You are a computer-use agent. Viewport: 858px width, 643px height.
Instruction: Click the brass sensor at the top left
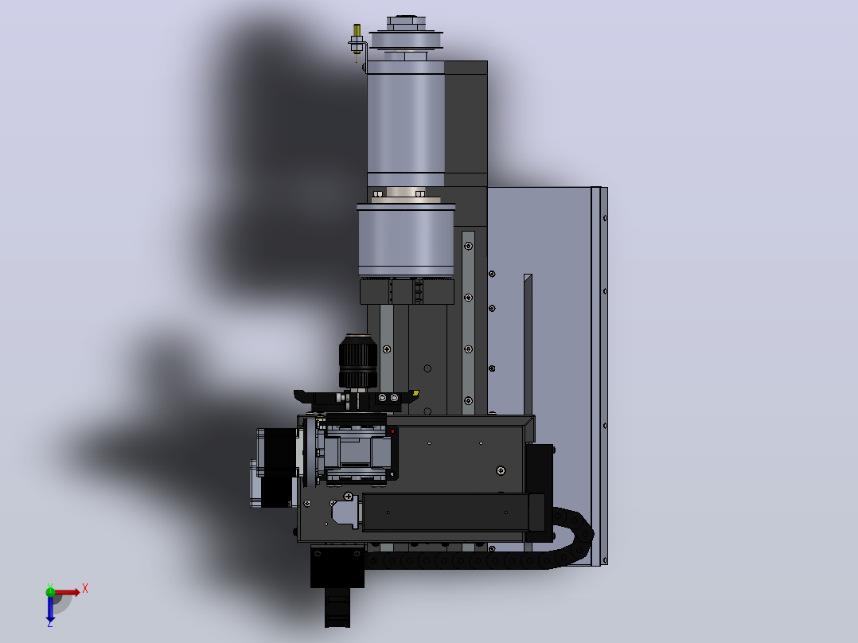357,41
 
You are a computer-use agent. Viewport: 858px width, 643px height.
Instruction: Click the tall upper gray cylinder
405,123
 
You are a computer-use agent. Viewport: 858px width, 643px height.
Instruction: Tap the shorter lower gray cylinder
406,240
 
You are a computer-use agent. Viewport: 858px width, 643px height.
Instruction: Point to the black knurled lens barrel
358,361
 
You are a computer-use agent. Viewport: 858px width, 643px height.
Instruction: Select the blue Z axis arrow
50,609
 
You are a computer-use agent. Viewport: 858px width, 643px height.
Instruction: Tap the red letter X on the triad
85,589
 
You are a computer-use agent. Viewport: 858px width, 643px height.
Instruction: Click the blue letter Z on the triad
50,623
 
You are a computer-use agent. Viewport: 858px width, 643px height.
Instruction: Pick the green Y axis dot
50,591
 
